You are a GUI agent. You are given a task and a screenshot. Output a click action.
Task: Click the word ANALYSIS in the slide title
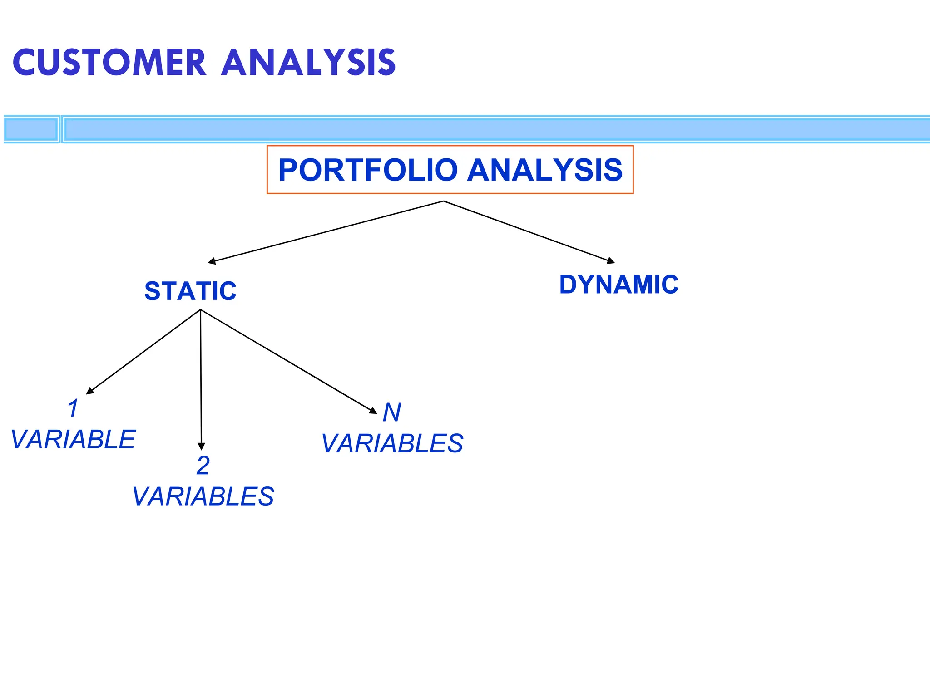click(x=309, y=63)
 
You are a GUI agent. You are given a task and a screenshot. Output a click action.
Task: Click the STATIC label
click(x=190, y=291)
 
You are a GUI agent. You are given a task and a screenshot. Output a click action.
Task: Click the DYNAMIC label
click(x=618, y=285)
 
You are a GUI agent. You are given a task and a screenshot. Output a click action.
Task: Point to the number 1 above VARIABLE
click(x=73, y=408)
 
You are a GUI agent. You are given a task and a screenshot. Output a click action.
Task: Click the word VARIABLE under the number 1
click(x=73, y=439)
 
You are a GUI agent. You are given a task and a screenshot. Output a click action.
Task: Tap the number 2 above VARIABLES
click(x=203, y=466)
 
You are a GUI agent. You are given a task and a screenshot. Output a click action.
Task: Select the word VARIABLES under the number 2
click(x=203, y=496)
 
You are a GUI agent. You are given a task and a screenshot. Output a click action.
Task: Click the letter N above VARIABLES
click(x=392, y=412)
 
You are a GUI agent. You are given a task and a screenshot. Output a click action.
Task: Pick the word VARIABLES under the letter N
click(x=392, y=443)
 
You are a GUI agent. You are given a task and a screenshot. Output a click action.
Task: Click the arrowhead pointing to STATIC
click(x=212, y=261)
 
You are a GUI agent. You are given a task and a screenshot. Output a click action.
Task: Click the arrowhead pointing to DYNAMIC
click(x=611, y=261)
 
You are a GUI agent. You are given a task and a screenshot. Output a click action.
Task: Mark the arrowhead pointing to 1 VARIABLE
click(x=90, y=391)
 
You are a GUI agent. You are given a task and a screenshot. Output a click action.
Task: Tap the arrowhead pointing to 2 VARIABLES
click(x=202, y=447)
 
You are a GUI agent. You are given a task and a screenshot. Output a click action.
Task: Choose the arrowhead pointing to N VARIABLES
click(x=373, y=411)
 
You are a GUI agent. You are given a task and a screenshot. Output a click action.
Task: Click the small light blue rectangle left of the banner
click(x=31, y=129)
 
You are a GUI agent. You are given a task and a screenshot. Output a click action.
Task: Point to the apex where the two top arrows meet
click(x=444, y=201)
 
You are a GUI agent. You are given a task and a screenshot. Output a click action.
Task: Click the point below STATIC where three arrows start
click(x=200, y=310)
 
